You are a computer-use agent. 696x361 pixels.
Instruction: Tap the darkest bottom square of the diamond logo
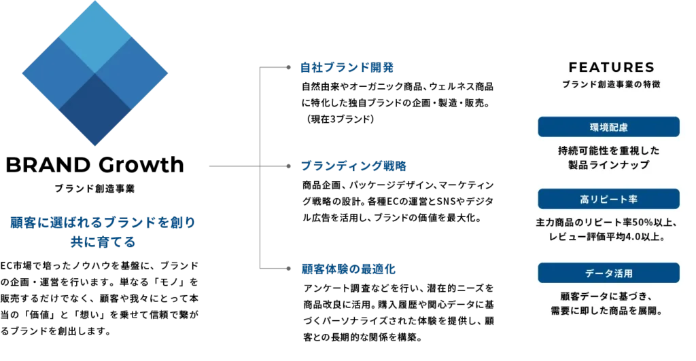point(95,109)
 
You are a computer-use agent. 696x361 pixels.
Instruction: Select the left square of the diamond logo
point(58,72)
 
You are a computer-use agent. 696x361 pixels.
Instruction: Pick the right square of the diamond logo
point(132,72)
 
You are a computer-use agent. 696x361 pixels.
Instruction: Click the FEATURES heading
point(610,69)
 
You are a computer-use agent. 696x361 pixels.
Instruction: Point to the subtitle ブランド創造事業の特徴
point(610,85)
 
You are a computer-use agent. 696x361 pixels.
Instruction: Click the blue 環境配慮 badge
point(608,127)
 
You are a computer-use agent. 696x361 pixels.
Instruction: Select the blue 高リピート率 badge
point(608,199)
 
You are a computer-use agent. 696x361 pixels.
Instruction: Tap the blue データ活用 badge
point(608,273)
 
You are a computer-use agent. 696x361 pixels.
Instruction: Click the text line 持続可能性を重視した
point(609,151)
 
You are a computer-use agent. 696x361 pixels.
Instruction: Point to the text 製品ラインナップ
point(609,166)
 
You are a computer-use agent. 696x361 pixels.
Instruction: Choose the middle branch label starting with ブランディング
point(353,166)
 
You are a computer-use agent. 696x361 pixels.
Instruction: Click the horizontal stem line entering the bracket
point(231,166)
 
